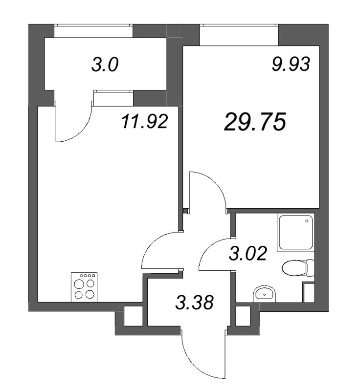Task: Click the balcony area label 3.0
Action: pyautogui.click(x=105, y=65)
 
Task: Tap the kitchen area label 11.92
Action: pyautogui.click(x=145, y=121)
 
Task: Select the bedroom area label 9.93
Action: pyautogui.click(x=292, y=64)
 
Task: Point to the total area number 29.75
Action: pyautogui.click(x=254, y=122)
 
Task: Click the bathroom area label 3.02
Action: pyautogui.click(x=248, y=254)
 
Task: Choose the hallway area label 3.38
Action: pyautogui.click(x=195, y=303)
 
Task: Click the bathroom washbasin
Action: pyautogui.click(x=265, y=294)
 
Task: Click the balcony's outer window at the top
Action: pyautogui.click(x=93, y=31)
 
